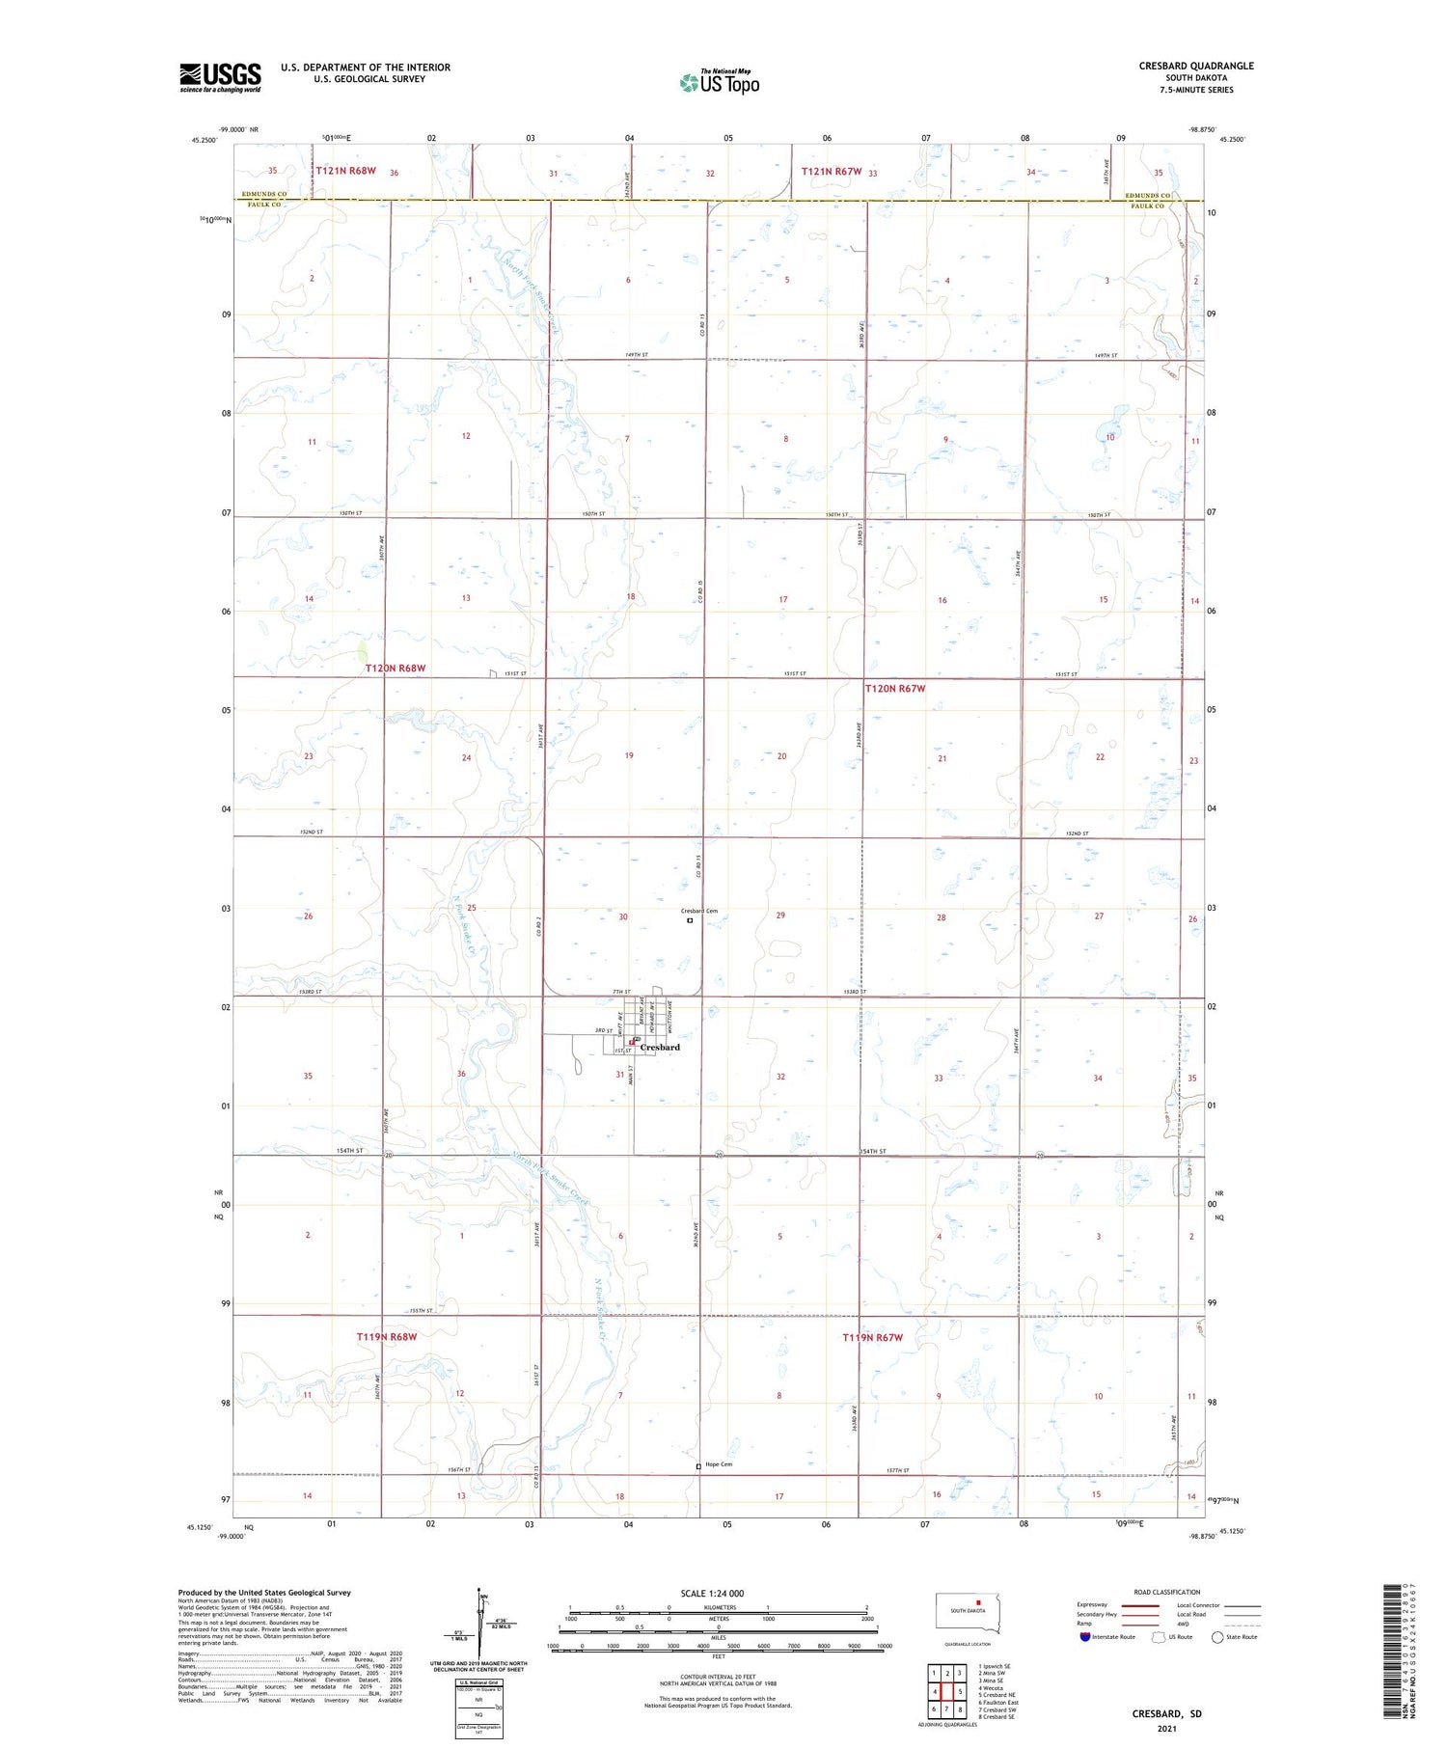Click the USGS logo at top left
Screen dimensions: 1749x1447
click(x=220, y=77)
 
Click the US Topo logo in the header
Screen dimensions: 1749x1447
click(x=719, y=82)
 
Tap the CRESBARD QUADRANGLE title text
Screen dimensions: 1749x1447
click(x=1195, y=66)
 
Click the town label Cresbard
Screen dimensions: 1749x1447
click(x=660, y=1047)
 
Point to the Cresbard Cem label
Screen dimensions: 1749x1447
click(x=699, y=911)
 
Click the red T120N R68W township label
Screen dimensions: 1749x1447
click(x=396, y=668)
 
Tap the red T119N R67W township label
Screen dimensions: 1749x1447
click(x=872, y=1337)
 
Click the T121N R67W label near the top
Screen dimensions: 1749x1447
click(x=831, y=172)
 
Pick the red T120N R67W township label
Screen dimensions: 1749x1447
click(x=894, y=688)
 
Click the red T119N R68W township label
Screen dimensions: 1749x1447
click(x=387, y=1337)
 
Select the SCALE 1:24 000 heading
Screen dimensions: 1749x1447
click(x=712, y=1594)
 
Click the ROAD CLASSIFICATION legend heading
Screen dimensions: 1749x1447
click(x=1167, y=1592)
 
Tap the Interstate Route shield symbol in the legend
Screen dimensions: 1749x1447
click(x=1085, y=1637)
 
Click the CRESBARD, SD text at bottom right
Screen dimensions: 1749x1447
click(x=1166, y=1713)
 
